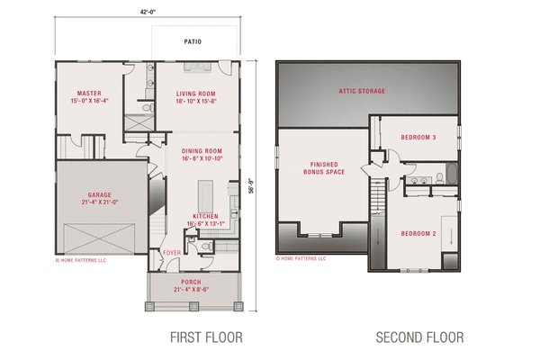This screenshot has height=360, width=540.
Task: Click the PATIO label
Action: [193, 41]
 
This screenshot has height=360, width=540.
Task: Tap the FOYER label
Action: [171, 253]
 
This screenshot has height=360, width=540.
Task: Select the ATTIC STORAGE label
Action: [362, 92]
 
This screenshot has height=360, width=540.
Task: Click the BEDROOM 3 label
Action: [418, 138]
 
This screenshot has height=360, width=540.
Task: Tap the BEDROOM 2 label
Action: [418, 234]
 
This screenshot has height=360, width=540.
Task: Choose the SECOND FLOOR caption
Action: [419, 338]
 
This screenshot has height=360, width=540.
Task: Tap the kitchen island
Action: [203, 193]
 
